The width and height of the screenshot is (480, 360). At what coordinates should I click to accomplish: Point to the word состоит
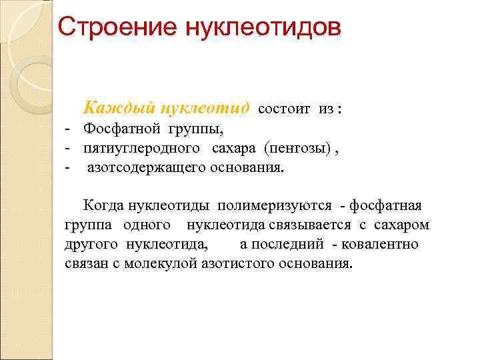[x=283, y=109]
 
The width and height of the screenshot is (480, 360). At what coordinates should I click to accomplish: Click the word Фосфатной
[x=117, y=128]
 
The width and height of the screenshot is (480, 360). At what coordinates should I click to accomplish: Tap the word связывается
[x=310, y=225]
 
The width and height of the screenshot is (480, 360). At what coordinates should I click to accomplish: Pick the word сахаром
[x=402, y=225]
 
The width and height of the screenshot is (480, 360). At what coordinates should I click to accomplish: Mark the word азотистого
[x=223, y=263]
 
